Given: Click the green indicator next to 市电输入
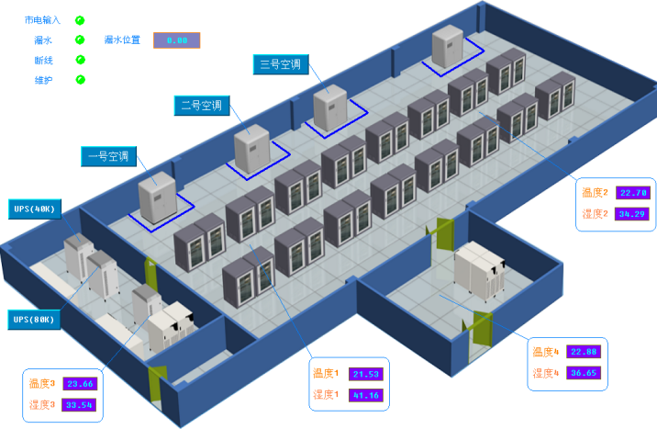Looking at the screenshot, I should [x=80, y=19].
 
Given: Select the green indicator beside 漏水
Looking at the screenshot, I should [x=80, y=40].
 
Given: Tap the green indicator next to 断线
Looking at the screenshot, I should [x=80, y=60].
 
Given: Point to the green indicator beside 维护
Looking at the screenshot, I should [x=80, y=80].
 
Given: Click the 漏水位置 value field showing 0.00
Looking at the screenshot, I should [x=176, y=40].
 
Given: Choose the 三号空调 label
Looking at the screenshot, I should [x=280, y=64].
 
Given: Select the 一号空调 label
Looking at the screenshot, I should [x=108, y=156].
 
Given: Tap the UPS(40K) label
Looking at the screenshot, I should [x=35, y=209].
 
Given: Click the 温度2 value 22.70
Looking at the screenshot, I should [x=633, y=193].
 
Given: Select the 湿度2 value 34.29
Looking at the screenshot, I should [x=633, y=214].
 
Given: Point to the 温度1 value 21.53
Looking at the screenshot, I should [x=366, y=374].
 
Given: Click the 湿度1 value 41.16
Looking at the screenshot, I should [x=366, y=396].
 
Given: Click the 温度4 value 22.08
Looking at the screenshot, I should [x=584, y=352].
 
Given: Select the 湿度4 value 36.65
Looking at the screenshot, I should [x=584, y=373].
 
